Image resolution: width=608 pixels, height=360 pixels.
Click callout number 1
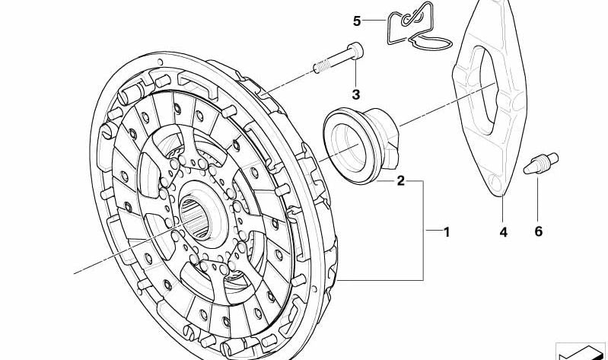(447, 231)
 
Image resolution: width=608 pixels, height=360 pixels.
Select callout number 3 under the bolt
(355, 95)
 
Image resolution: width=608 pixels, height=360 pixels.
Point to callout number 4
(503, 231)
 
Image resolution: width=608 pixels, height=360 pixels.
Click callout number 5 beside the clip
(357, 21)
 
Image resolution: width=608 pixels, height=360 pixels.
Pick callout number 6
(539, 231)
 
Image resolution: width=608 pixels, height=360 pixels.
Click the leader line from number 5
(374, 21)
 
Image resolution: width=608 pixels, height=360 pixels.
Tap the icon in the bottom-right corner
(581, 351)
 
